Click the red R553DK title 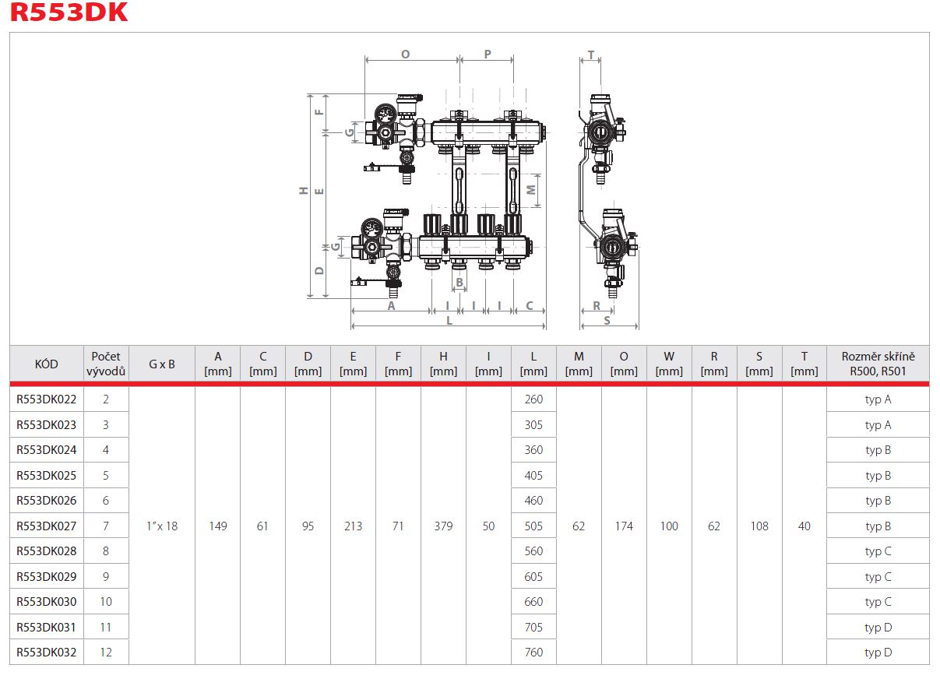pyautogui.click(x=69, y=12)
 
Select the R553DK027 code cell pyautogui.click(x=47, y=526)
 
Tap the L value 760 pyautogui.click(x=533, y=653)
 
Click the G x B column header pyautogui.click(x=161, y=364)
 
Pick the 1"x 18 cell pyautogui.click(x=162, y=526)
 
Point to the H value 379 pyautogui.click(x=443, y=526)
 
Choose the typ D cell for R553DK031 pyautogui.click(x=878, y=627)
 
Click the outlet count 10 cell pyautogui.click(x=106, y=601)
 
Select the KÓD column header pyautogui.click(x=46, y=364)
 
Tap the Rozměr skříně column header pyautogui.click(x=878, y=364)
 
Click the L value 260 pyautogui.click(x=533, y=399)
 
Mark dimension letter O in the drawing pyautogui.click(x=406, y=55)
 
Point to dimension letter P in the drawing pyautogui.click(x=488, y=55)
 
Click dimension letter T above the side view pyautogui.click(x=591, y=55)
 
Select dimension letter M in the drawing pyautogui.click(x=531, y=190)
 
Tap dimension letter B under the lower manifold pyautogui.click(x=459, y=283)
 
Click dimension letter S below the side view pyautogui.click(x=607, y=321)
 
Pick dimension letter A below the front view pyautogui.click(x=391, y=306)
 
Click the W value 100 pyautogui.click(x=668, y=526)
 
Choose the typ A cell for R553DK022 pyautogui.click(x=878, y=399)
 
